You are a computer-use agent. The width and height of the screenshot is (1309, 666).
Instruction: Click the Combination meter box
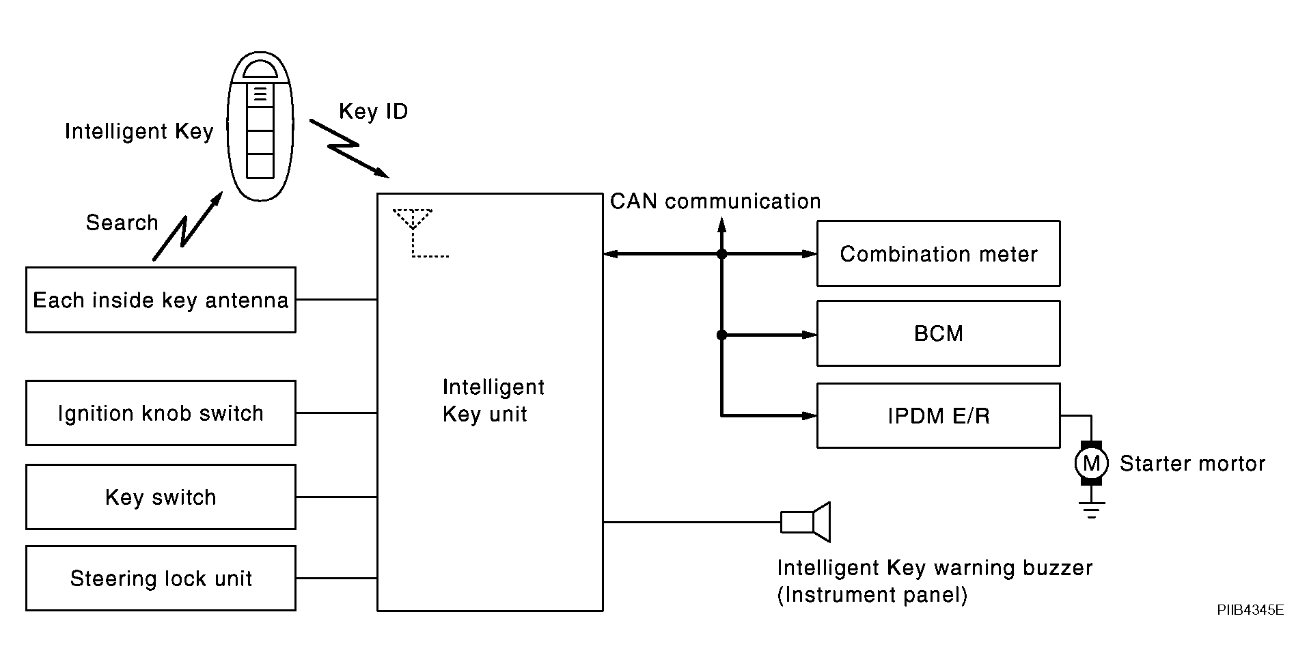point(938,253)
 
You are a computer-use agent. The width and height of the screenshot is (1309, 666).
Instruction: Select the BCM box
point(938,333)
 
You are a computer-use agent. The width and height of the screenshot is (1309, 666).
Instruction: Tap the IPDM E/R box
point(938,415)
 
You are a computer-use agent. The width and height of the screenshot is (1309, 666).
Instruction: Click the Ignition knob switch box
point(161,413)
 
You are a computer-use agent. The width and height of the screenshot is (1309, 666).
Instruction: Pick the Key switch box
point(161,497)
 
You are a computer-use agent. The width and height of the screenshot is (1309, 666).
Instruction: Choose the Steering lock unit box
point(161,578)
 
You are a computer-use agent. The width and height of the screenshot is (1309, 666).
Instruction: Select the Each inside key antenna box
point(161,300)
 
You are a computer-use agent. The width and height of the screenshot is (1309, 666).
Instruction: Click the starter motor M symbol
point(1091,464)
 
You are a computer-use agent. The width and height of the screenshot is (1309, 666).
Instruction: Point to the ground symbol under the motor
point(1091,510)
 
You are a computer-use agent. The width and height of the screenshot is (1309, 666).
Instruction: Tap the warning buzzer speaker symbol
point(806,523)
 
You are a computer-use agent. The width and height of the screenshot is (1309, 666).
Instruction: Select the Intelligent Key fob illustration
point(260,126)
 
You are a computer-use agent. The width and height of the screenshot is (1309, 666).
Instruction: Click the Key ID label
point(373,111)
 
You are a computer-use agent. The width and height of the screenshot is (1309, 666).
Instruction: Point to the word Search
point(122,223)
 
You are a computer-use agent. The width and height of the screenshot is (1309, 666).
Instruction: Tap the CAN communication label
point(715,202)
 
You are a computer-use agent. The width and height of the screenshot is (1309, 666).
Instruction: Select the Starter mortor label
point(1192,464)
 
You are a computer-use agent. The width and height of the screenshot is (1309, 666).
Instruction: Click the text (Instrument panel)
point(872,595)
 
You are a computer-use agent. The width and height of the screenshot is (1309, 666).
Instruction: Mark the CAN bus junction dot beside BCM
point(721,335)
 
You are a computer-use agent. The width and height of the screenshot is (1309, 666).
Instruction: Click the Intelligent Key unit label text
point(493,401)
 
